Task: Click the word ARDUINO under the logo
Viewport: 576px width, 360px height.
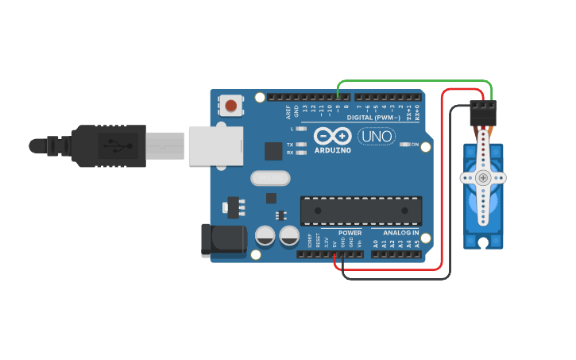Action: point(332,149)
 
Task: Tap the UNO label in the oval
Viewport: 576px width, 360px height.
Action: point(376,136)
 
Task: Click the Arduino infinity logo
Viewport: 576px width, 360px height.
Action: point(332,135)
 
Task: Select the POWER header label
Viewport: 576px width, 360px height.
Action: point(350,233)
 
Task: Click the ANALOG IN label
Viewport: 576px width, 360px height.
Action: point(401,233)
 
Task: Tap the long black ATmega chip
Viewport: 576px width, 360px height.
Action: point(361,211)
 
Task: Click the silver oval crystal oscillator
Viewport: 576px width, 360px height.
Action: point(270,178)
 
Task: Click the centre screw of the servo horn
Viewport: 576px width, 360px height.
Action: point(483,178)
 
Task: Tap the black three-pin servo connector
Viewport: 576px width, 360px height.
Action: point(482,114)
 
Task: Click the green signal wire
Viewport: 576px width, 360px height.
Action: point(413,80)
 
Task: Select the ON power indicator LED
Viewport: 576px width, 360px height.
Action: point(404,145)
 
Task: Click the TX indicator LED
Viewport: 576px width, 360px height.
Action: point(300,145)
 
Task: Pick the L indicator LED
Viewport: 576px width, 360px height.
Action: point(300,128)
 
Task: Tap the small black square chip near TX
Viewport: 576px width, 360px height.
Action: point(273,151)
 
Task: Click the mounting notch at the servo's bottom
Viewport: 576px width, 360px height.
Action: point(483,242)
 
